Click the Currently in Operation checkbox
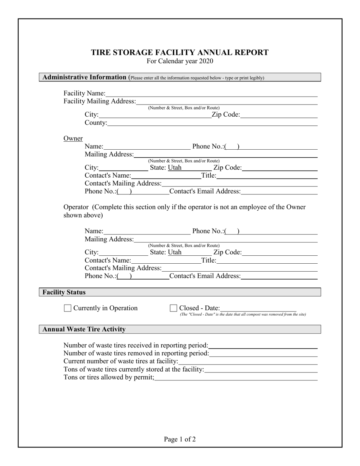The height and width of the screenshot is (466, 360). (x=67, y=308)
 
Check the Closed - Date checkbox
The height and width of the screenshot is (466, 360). (x=173, y=308)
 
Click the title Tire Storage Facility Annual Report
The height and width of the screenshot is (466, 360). (x=180, y=53)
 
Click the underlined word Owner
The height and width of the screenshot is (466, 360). (x=73, y=139)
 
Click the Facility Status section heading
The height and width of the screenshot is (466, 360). (x=64, y=292)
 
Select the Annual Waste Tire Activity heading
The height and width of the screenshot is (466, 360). (x=84, y=330)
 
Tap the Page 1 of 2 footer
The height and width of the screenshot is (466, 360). (x=180, y=439)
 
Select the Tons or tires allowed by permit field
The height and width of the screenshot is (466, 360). (x=236, y=378)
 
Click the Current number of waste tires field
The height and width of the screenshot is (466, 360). (x=248, y=362)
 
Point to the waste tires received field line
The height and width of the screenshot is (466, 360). (x=263, y=346)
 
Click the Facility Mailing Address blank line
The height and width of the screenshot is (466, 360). (x=227, y=102)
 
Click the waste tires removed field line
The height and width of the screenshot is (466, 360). (x=263, y=354)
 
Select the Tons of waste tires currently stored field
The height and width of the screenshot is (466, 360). (x=261, y=370)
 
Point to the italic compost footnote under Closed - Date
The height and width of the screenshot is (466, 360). (x=243, y=314)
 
